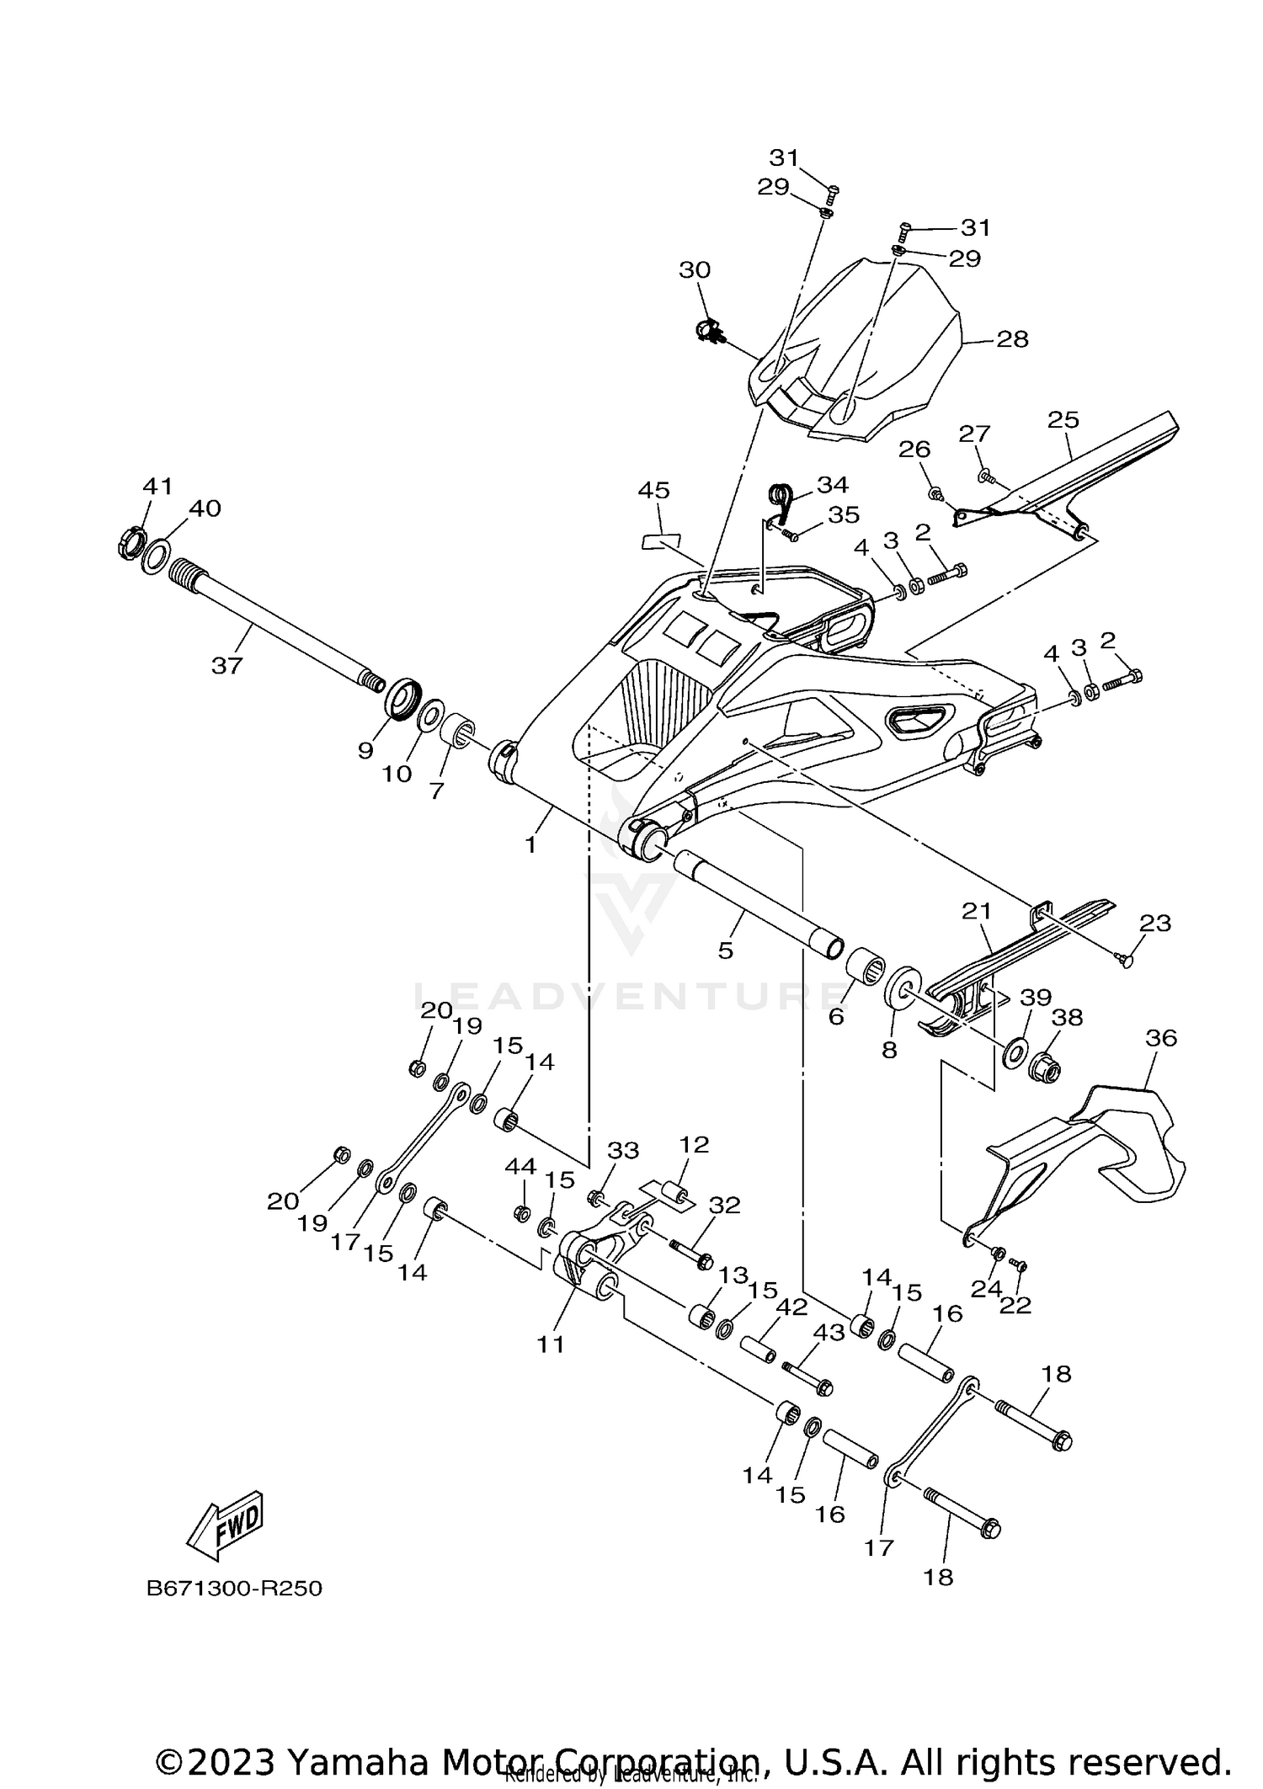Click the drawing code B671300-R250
[234, 1589]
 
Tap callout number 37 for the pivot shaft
[226, 666]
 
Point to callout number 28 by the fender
[1012, 339]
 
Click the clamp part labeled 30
[709, 332]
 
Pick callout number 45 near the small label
[653, 490]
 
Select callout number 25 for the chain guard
[1063, 419]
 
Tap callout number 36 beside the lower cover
[1161, 1038]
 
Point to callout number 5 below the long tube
[726, 950]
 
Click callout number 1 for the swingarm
[530, 844]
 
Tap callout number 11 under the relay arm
[551, 1344]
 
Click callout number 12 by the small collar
[695, 1144]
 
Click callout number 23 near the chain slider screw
[1154, 924]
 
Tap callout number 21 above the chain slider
[977, 911]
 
